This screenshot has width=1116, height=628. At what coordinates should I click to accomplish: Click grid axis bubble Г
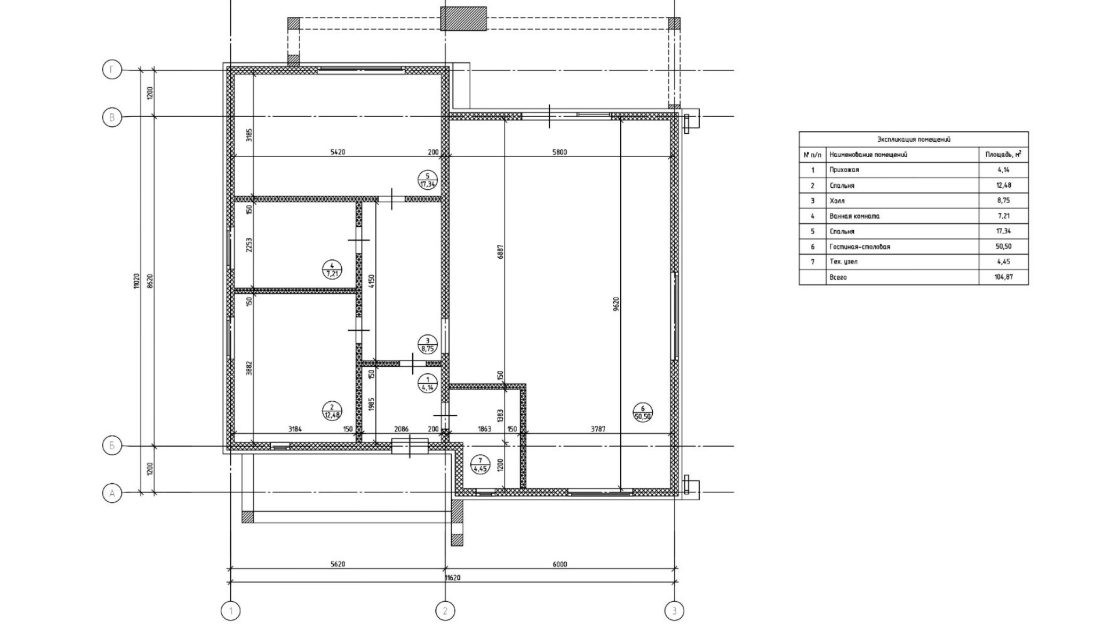112,70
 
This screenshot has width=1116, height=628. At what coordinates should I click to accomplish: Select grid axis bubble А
112,494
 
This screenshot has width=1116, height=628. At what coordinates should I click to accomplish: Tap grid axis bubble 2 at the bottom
445,611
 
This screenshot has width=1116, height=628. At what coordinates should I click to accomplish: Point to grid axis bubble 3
674,611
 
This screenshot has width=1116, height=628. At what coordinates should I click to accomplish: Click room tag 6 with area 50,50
643,412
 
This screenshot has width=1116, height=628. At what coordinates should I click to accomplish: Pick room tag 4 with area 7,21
332,269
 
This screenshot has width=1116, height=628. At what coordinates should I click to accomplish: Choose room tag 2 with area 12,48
332,411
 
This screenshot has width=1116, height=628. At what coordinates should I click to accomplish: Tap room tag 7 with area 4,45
480,465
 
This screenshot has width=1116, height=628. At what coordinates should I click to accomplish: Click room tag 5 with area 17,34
427,180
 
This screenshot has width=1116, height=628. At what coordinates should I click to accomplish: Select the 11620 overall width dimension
453,578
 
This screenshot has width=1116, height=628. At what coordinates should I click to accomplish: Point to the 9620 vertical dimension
616,304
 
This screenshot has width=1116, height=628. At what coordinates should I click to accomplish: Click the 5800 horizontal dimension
559,152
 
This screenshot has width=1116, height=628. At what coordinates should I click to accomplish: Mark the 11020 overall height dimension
136,281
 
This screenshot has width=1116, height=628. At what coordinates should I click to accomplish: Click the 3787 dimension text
598,429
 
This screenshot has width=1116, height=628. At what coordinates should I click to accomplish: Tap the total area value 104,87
1003,277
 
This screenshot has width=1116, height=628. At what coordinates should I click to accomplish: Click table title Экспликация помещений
914,140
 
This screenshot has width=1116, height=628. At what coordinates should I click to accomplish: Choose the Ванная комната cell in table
854,216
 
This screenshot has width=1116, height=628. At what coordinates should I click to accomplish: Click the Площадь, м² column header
1003,155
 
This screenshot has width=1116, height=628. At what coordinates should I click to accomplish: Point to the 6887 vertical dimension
500,252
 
